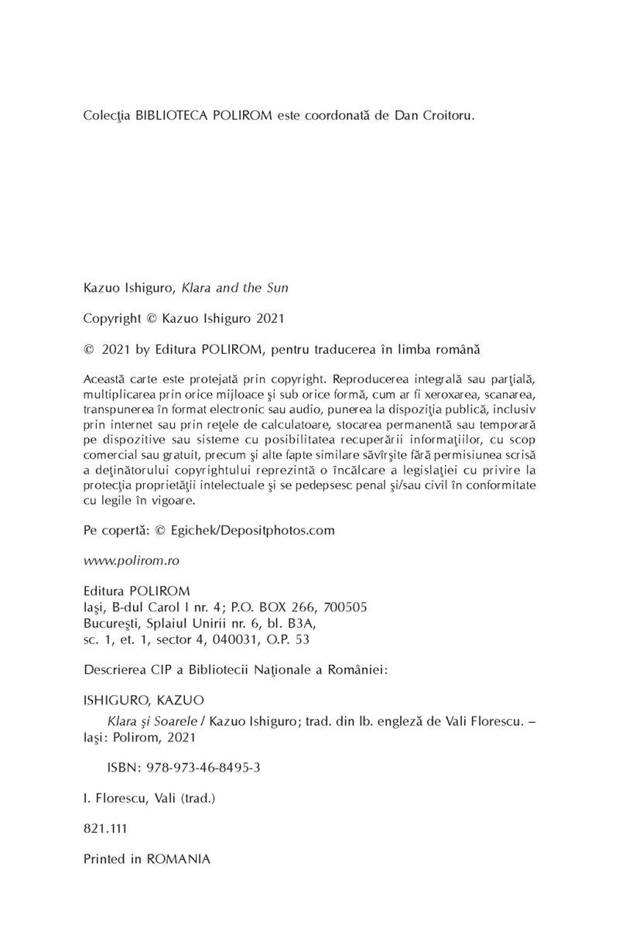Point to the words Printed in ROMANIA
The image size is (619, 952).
145,858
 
